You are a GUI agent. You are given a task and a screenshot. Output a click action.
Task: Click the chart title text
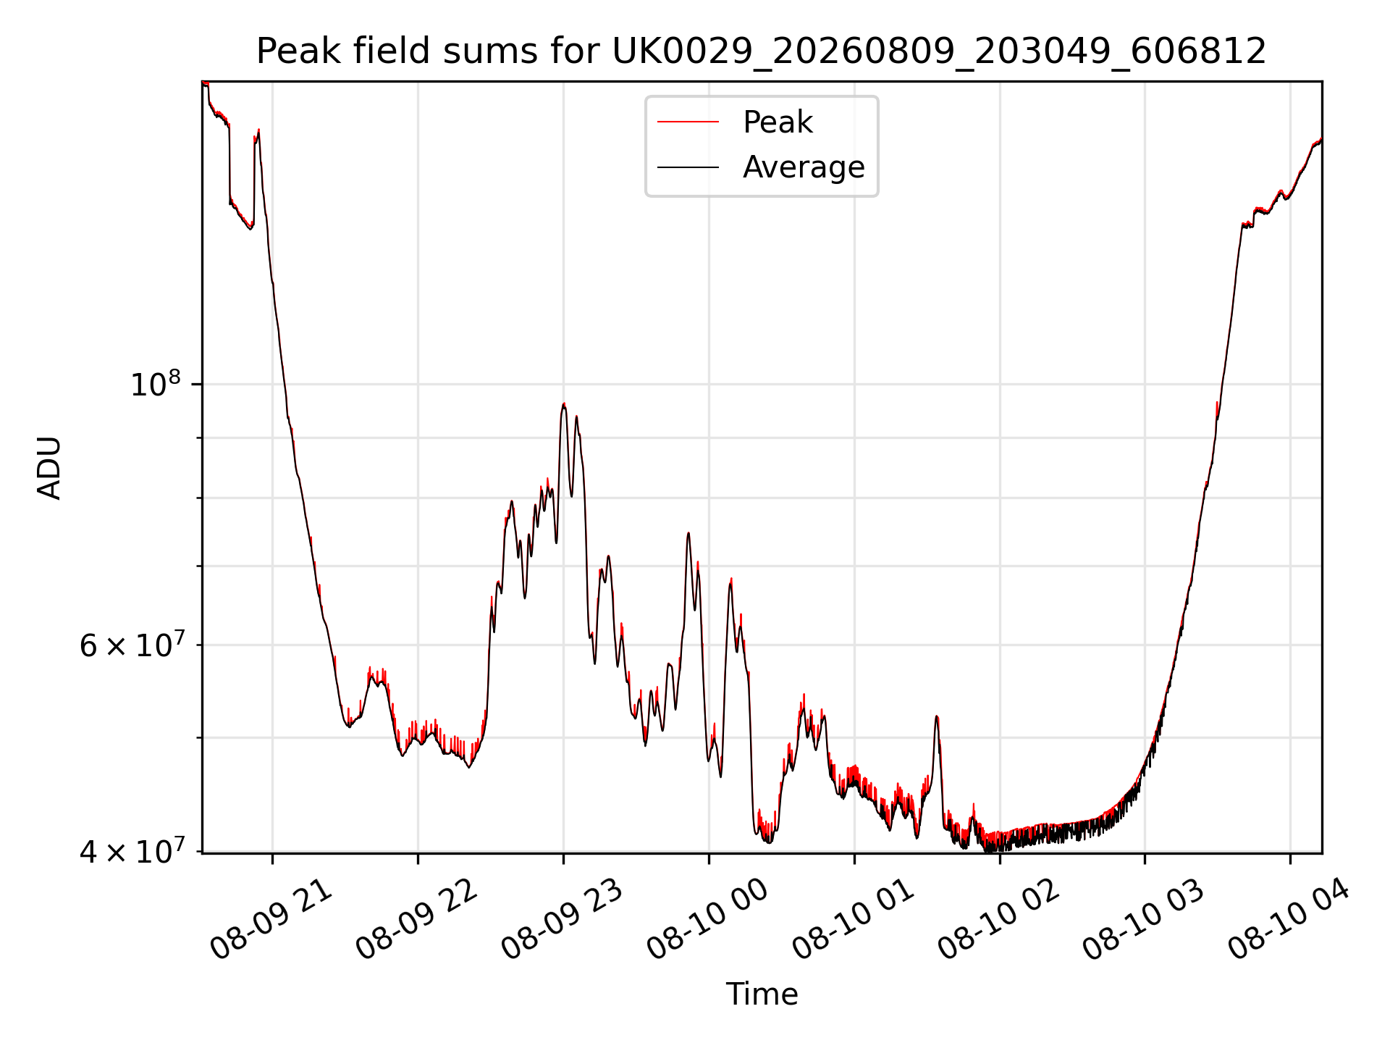[762, 51]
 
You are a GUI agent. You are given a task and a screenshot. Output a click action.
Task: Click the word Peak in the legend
[778, 122]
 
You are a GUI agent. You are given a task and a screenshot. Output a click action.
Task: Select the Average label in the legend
[804, 167]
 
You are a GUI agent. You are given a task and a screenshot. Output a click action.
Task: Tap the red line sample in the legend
[688, 122]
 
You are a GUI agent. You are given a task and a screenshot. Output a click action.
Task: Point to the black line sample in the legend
[688, 167]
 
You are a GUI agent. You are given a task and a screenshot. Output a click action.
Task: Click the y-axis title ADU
[49, 468]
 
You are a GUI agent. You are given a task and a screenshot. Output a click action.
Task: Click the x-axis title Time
[762, 994]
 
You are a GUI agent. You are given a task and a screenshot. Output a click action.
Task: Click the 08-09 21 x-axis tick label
[271, 920]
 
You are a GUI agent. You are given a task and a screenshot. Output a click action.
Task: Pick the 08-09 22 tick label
[417, 920]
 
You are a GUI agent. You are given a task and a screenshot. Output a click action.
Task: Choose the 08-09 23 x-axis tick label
[563, 920]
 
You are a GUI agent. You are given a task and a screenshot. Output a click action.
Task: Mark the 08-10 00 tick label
[708, 920]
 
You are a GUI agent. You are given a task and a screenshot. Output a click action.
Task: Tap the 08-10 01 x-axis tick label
[854, 920]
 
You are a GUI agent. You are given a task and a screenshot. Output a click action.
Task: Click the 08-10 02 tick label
[999, 920]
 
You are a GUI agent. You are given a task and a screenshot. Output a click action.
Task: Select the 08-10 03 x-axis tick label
[1144, 920]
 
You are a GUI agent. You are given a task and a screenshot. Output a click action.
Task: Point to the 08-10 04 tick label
[1289, 920]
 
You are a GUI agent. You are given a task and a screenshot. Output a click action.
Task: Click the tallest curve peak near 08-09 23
[564, 404]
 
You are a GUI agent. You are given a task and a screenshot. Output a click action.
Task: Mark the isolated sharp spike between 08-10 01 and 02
[937, 716]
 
